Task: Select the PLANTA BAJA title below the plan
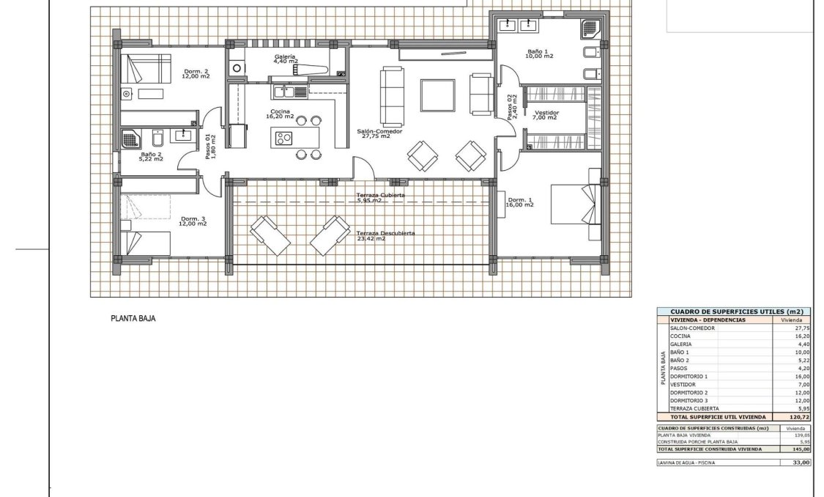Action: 133,319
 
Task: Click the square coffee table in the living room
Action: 437,95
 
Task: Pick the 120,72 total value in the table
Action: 801,416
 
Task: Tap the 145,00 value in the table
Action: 801,449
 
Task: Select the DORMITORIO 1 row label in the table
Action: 688,376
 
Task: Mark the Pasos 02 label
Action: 513,107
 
